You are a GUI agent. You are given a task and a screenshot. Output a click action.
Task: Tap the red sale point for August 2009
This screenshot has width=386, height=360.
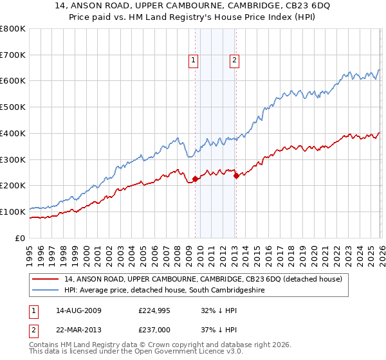195,179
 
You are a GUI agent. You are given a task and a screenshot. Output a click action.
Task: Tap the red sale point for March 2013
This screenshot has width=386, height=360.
236,175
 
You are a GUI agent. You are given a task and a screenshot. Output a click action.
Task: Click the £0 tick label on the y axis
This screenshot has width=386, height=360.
20,238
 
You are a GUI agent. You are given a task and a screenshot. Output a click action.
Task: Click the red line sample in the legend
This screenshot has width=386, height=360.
46,279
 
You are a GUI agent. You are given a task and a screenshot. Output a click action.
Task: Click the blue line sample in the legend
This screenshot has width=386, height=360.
46,291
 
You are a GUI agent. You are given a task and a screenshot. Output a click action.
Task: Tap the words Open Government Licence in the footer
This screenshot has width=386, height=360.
200,353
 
